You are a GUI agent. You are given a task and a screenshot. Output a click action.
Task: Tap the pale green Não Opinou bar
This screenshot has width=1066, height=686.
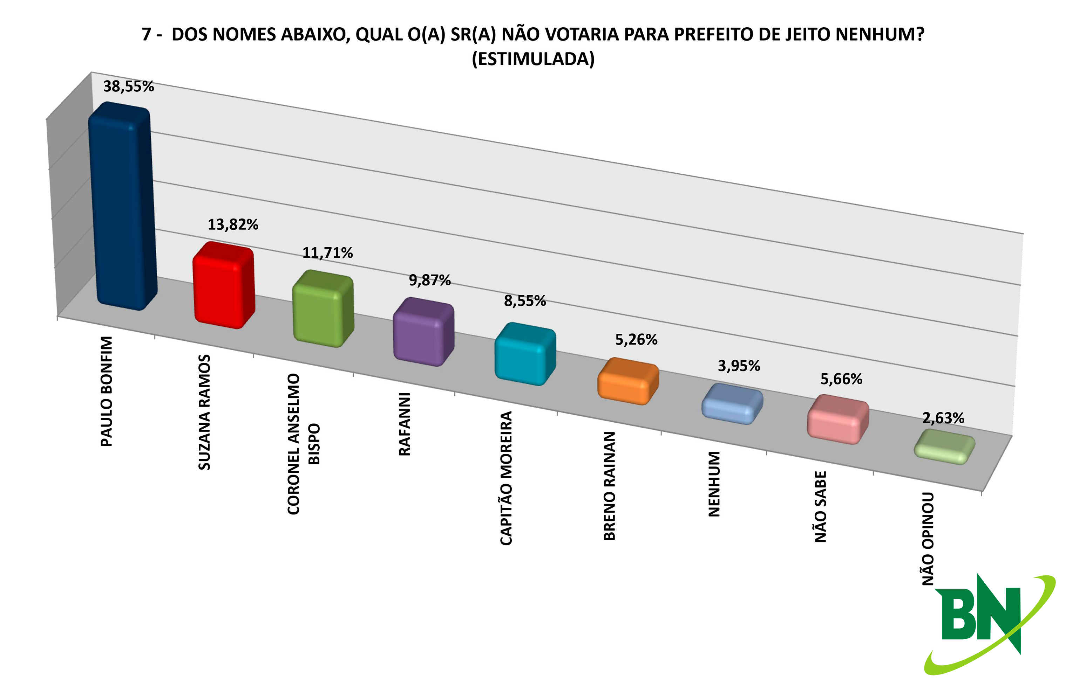click(944, 447)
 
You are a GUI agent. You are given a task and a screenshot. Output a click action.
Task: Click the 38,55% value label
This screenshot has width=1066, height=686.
click(128, 86)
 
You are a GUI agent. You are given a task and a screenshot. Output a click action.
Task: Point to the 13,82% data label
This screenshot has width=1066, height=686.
click(233, 224)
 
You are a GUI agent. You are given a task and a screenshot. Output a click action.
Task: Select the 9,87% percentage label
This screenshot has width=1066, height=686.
click(429, 280)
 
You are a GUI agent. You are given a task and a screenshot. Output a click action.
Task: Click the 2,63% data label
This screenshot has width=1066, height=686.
click(943, 418)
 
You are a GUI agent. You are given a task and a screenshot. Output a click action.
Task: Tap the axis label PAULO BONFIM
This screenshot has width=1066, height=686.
click(107, 391)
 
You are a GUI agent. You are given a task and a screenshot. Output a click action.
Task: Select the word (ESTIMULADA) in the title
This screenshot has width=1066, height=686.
click(533, 59)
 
